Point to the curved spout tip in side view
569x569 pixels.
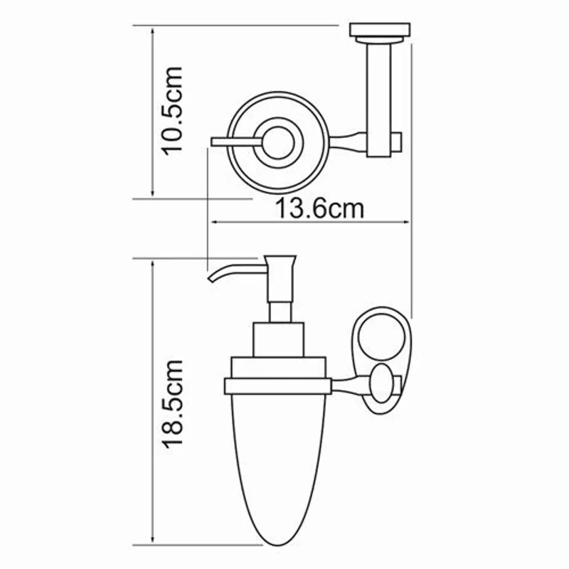(211, 276)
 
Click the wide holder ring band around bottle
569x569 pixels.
(277, 385)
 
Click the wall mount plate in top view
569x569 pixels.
(381, 31)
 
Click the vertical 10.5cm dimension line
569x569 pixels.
(153, 110)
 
